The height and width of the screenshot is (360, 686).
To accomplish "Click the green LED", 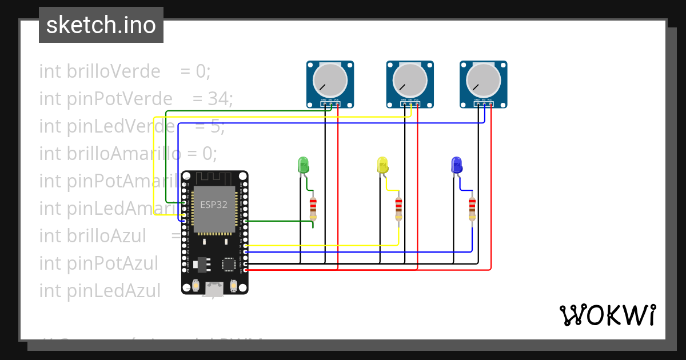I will click(x=303, y=165).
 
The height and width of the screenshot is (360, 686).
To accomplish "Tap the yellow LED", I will click(x=382, y=165).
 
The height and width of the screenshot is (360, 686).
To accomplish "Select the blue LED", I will click(x=456, y=165).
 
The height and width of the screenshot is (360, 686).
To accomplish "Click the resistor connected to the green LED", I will click(x=313, y=209).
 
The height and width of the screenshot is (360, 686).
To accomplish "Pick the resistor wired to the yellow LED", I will click(x=398, y=209).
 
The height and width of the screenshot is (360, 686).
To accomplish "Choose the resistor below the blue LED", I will click(x=472, y=209).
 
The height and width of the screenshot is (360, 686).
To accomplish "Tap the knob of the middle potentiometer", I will click(x=409, y=80).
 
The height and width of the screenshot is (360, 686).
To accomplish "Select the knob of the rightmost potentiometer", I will click(x=483, y=80).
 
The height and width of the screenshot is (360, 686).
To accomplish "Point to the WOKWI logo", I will click(x=607, y=315).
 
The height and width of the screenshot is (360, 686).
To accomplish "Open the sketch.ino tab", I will click(x=101, y=25).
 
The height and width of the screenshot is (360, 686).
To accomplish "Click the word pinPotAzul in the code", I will click(x=112, y=263).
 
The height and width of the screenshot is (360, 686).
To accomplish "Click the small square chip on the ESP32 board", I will click(x=229, y=263).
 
